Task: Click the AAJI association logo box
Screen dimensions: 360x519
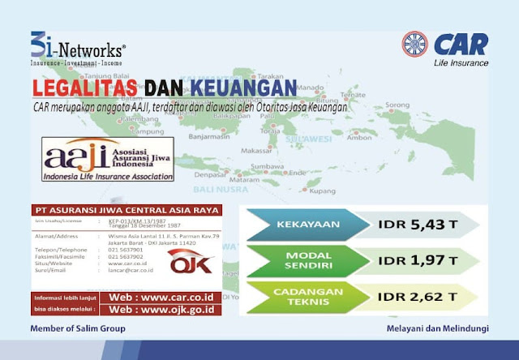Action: tap(108, 159)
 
